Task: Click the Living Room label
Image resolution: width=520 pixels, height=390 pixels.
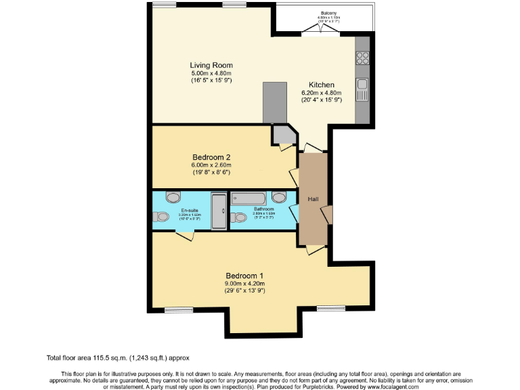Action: coord(211,66)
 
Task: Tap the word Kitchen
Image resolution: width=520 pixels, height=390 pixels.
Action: coord(321,85)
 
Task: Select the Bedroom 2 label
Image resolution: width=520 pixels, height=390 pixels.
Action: coord(211,157)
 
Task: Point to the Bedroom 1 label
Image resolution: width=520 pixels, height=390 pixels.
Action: coord(244,276)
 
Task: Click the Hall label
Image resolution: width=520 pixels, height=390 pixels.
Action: coord(313,199)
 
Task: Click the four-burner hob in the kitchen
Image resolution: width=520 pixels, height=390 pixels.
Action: coord(362,58)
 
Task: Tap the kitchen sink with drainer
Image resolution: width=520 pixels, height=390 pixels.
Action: coord(363,87)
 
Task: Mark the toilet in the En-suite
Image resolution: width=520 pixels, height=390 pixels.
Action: coord(160,217)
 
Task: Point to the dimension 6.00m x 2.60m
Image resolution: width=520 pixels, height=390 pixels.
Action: coord(211,165)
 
